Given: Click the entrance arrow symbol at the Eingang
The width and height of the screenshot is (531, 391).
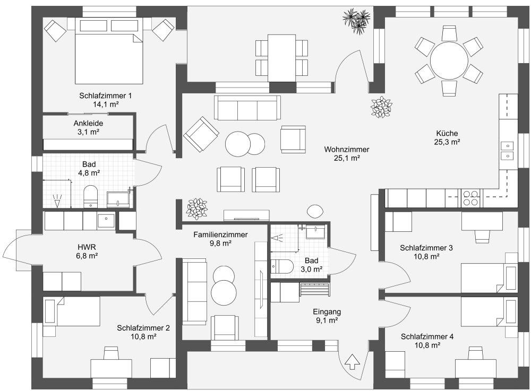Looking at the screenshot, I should tap(352, 362).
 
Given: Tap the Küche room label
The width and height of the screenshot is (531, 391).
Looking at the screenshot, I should tap(447, 134).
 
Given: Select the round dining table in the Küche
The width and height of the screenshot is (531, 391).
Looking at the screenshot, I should tap(449, 60).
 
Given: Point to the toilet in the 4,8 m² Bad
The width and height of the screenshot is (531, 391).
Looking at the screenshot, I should tap(91, 195).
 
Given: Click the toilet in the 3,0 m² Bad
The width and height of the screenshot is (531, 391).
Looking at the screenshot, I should tap(282, 266).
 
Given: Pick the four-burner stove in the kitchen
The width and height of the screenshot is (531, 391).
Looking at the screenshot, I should tap(470, 198).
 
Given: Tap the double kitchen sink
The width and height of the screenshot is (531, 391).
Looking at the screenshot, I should tap(507, 150).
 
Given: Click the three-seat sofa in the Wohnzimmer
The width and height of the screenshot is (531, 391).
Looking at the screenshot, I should tap(247, 108).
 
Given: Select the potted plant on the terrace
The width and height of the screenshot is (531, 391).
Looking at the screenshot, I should tap(356, 21).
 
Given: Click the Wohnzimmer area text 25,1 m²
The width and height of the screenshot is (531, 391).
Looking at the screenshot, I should tap(347, 158).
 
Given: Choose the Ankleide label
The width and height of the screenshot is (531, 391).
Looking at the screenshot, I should tap(88, 123).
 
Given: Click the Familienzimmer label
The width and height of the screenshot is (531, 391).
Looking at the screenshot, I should tap(220, 234).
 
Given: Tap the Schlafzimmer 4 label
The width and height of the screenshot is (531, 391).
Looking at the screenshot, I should tap(427, 336).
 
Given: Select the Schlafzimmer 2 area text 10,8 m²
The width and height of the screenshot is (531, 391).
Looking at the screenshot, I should tap(143, 336).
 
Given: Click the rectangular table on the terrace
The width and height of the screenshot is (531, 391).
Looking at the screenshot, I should tap(282, 57).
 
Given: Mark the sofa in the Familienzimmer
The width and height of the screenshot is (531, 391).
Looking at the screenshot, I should tap(195, 292).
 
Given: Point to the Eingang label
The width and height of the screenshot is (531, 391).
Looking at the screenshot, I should tap(327, 311).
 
